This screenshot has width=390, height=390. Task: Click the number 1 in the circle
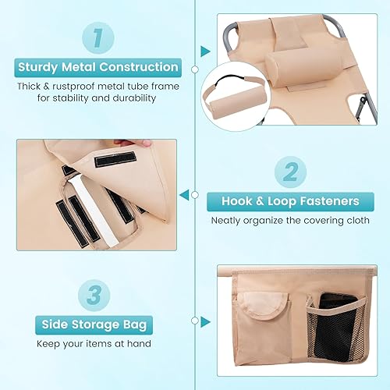[x=97, y=35]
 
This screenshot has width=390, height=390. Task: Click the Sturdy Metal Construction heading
[x=97, y=67]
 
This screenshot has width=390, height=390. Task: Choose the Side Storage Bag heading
[x=97, y=323]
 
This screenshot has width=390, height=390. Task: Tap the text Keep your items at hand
[x=97, y=344]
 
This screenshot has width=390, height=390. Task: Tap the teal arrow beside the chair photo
[x=205, y=51]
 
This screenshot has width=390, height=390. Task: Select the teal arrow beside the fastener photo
[x=184, y=194]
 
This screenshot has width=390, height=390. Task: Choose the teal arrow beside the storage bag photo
[x=205, y=321]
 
